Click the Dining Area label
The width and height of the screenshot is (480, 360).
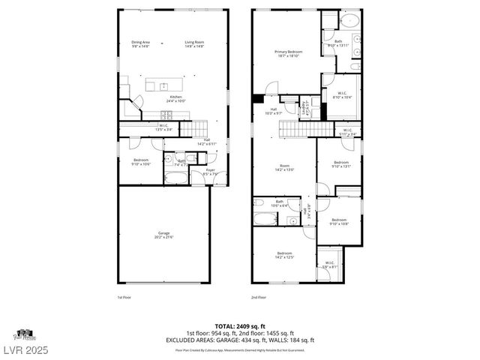[141, 44]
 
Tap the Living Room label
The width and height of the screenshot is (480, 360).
[195, 44]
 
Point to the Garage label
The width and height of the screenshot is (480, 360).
[163, 235]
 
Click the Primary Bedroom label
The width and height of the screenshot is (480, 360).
[288, 53]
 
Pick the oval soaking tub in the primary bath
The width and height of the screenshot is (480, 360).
[332, 21]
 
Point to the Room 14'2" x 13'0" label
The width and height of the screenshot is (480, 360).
[285, 168]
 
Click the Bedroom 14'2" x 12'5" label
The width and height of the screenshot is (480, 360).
[285, 255]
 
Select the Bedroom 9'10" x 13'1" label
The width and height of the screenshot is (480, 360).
[341, 165]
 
